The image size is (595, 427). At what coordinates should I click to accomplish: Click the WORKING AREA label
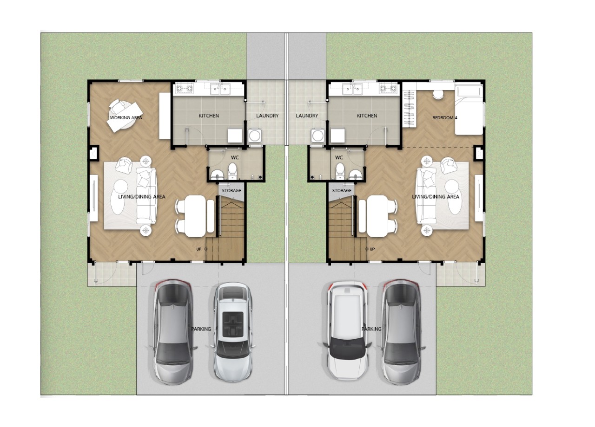(126, 117)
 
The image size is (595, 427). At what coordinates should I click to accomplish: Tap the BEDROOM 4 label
(445, 117)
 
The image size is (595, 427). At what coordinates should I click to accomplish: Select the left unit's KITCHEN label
(209, 116)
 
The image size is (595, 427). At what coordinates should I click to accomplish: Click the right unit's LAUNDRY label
(307, 116)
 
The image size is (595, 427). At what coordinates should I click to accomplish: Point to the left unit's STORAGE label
(231, 190)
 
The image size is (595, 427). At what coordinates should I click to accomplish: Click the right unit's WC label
(339, 157)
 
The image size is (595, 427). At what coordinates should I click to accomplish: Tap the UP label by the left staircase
(198, 249)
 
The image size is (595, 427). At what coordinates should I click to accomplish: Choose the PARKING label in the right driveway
(371, 329)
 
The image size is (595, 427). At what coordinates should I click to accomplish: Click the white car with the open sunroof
(233, 332)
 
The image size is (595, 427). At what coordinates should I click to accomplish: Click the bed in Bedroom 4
(469, 110)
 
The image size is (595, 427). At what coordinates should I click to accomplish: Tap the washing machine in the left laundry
(255, 136)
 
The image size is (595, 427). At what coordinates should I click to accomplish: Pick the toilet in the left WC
(233, 171)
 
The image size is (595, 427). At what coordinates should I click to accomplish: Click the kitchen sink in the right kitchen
(352, 89)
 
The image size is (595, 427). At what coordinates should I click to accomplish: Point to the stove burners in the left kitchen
(183, 88)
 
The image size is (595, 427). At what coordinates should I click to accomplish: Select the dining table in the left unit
(195, 216)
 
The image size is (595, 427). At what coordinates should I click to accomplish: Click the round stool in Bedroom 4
(438, 95)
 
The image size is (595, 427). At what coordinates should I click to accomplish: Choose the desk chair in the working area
(117, 106)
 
